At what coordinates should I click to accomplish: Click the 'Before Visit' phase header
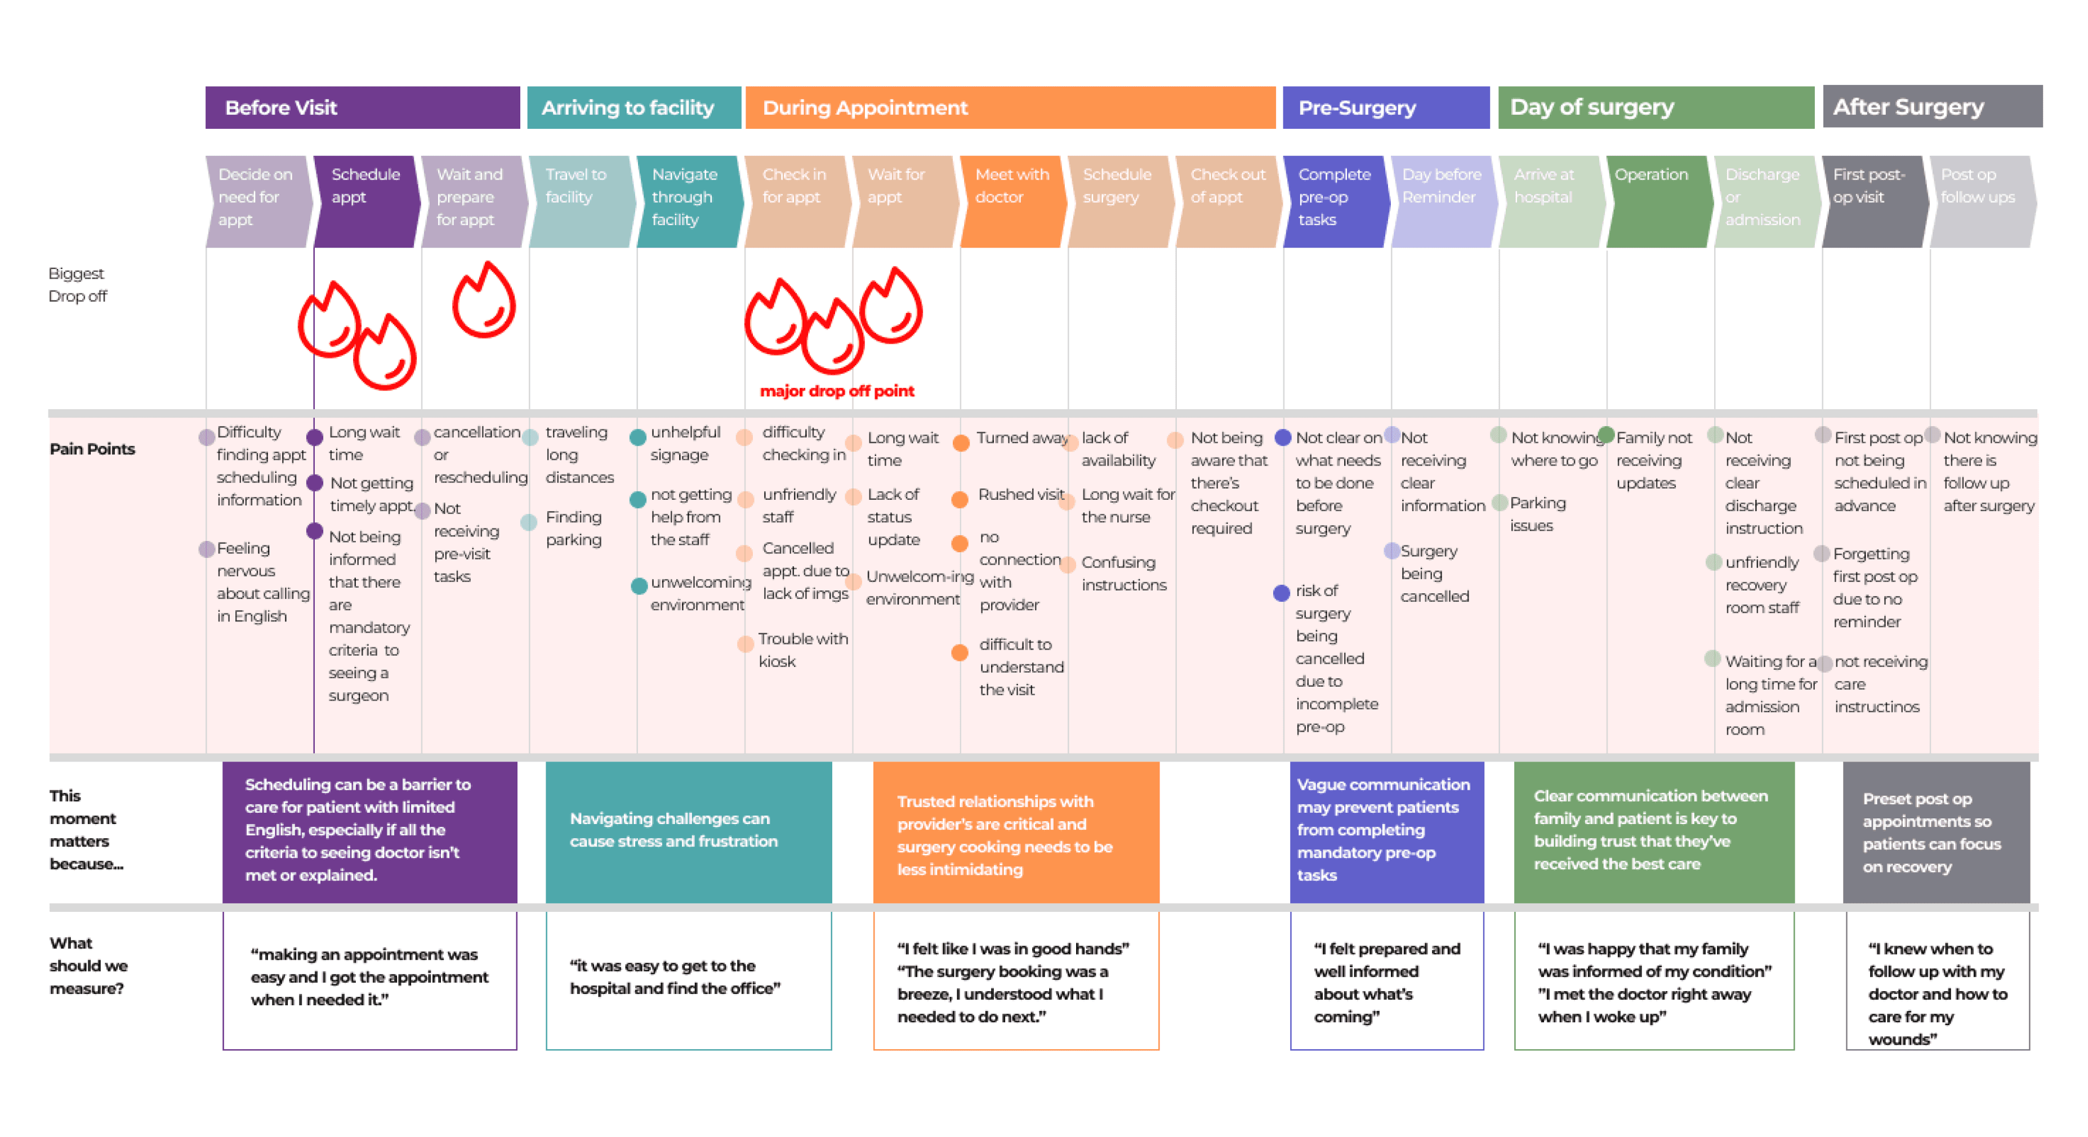click(x=362, y=108)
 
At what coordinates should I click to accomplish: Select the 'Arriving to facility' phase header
click(x=633, y=108)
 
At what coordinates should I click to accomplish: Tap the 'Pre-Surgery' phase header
click(x=1385, y=108)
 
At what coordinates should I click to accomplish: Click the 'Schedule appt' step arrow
click(x=367, y=201)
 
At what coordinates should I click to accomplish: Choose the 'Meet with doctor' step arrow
click(x=1011, y=201)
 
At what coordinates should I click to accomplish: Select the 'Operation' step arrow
click(x=1658, y=201)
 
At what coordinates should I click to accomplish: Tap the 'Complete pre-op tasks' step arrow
click(x=1335, y=201)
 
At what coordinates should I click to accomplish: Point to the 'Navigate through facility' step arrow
click(x=688, y=201)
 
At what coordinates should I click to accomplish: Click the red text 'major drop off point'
click(x=837, y=391)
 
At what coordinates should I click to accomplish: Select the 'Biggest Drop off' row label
click(x=77, y=284)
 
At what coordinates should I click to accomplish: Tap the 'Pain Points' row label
click(x=92, y=449)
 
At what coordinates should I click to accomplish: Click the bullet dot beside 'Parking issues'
click(x=1500, y=503)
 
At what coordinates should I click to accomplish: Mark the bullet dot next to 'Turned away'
click(x=961, y=442)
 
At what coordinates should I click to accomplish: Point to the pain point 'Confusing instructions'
click(x=1123, y=573)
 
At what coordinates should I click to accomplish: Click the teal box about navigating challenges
click(x=688, y=831)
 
